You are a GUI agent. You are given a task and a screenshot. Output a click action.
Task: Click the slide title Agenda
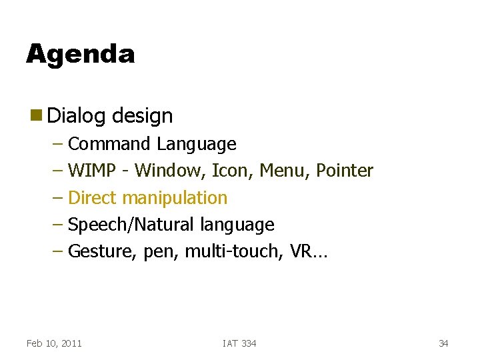pos(80,54)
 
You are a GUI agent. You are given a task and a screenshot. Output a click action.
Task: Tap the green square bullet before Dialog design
pos(34,115)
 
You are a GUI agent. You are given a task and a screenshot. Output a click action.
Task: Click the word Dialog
pos(77,116)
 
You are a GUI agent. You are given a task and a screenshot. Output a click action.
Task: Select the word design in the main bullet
pos(142,116)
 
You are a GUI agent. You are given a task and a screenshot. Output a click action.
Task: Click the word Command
pos(110,144)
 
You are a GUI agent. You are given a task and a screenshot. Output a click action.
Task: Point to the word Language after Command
pos(197,144)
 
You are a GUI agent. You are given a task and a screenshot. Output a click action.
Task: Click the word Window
pos(169,171)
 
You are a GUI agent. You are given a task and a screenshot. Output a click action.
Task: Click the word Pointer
pos(345,171)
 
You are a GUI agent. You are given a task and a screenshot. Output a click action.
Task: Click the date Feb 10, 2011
pos(54,343)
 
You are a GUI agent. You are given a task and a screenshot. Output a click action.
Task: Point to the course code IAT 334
pos(239,343)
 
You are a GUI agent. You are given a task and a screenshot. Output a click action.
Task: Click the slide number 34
pos(443,343)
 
